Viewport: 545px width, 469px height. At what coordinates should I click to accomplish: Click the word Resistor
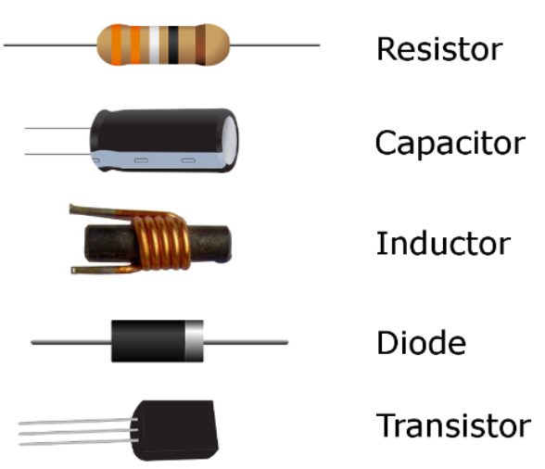pyautogui.click(x=439, y=49)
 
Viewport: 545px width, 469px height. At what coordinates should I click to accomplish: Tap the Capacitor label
pyautogui.click(x=450, y=144)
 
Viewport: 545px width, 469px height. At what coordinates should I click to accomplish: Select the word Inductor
pyautogui.click(x=443, y=244)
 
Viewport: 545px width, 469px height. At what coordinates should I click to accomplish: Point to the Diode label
pyautogui.click(x=421, y=342)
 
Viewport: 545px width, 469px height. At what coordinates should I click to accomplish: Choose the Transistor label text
pyautogui.click(x=453, y=425)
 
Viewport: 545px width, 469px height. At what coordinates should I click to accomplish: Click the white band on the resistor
pyautogui.click(x=154, y=44)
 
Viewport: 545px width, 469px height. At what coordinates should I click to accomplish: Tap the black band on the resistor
pyautogui.click(x=173, y=44)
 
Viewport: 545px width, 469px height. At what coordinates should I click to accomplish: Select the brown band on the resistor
pyautogui.click(x=200, y=44)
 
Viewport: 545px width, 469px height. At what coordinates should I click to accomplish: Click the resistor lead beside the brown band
pyautogui.click(x=275, y=45)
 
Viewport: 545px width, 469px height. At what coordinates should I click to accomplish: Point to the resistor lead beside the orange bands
pyautogui.click(x=50, y=45)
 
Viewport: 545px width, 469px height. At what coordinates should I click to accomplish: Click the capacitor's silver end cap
pyautogui.click(x=230, y=141)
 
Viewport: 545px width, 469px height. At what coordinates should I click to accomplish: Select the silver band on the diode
pyautogui.click(x=194, y=341)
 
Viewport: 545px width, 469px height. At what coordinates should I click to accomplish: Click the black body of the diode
pyautogui.click(x=148, y=341)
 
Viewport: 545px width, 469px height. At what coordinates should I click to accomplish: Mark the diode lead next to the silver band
pyautogui.click(x=246, y=342)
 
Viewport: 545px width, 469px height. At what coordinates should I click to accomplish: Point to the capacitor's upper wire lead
pyautogui.click(x=57, y=128)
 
